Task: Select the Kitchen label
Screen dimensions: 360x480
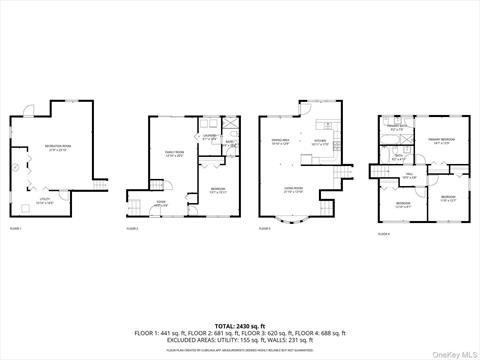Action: point(322,143)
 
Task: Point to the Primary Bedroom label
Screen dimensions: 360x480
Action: point(441,139)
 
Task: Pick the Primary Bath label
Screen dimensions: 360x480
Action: point(397,127)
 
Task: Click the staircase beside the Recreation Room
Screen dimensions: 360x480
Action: point(97,186)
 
